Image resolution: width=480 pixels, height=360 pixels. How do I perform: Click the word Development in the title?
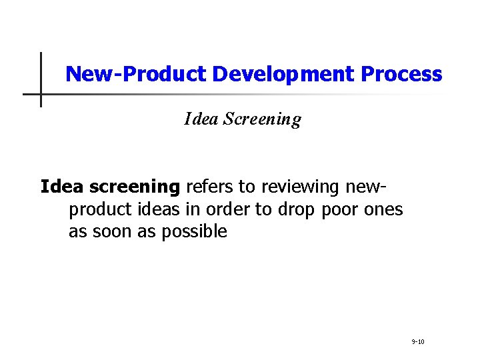click(283, 74)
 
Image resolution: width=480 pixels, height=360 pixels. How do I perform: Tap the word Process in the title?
click(401, 74)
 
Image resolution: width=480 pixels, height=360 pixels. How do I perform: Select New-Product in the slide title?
click(137, 74)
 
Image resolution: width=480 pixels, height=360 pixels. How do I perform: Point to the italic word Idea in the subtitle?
click(201, 119)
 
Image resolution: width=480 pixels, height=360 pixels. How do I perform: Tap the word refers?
click(208, 187)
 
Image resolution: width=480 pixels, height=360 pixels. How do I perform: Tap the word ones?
click(383, 209)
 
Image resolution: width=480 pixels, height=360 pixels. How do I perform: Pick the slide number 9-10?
click(419, 341)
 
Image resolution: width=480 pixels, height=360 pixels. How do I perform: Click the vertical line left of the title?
click(41, 79)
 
